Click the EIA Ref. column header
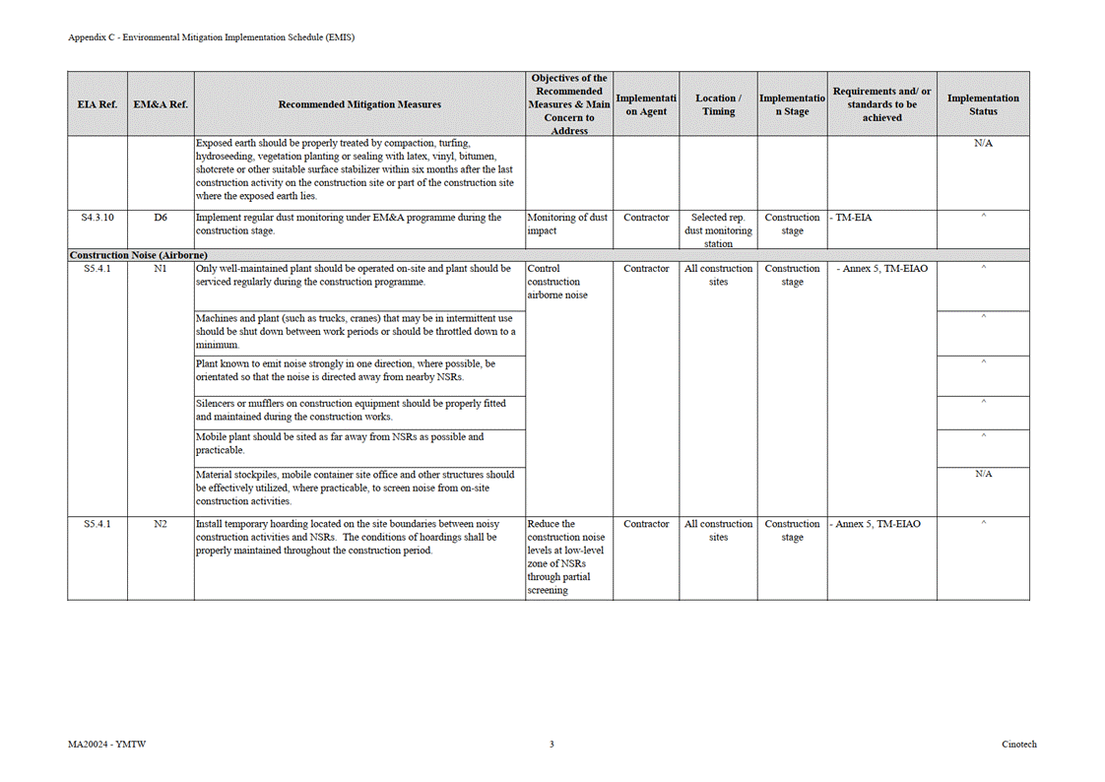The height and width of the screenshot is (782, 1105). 97,104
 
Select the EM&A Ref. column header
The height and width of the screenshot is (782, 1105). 161,104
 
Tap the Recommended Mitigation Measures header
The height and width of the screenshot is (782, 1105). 359,104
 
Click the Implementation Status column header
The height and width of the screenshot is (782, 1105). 982,104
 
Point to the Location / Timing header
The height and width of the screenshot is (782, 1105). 718,104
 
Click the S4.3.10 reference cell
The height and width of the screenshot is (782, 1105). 97,218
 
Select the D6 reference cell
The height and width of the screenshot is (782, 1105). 161,218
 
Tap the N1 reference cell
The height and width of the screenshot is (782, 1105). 161,268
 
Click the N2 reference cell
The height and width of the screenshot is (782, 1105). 161,524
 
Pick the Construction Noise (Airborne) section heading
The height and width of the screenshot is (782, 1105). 138,255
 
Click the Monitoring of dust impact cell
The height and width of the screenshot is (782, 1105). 568,225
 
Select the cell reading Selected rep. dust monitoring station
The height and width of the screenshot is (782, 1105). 718,230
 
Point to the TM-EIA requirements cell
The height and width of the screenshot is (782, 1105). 852,218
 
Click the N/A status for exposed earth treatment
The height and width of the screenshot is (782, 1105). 982,144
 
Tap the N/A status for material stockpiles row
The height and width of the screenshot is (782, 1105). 982,474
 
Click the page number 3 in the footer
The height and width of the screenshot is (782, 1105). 552,745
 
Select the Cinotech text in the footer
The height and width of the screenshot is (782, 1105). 1019,745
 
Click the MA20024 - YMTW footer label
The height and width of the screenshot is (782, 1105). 100,745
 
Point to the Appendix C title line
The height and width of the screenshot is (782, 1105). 211,37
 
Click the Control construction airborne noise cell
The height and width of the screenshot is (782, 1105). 558,281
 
